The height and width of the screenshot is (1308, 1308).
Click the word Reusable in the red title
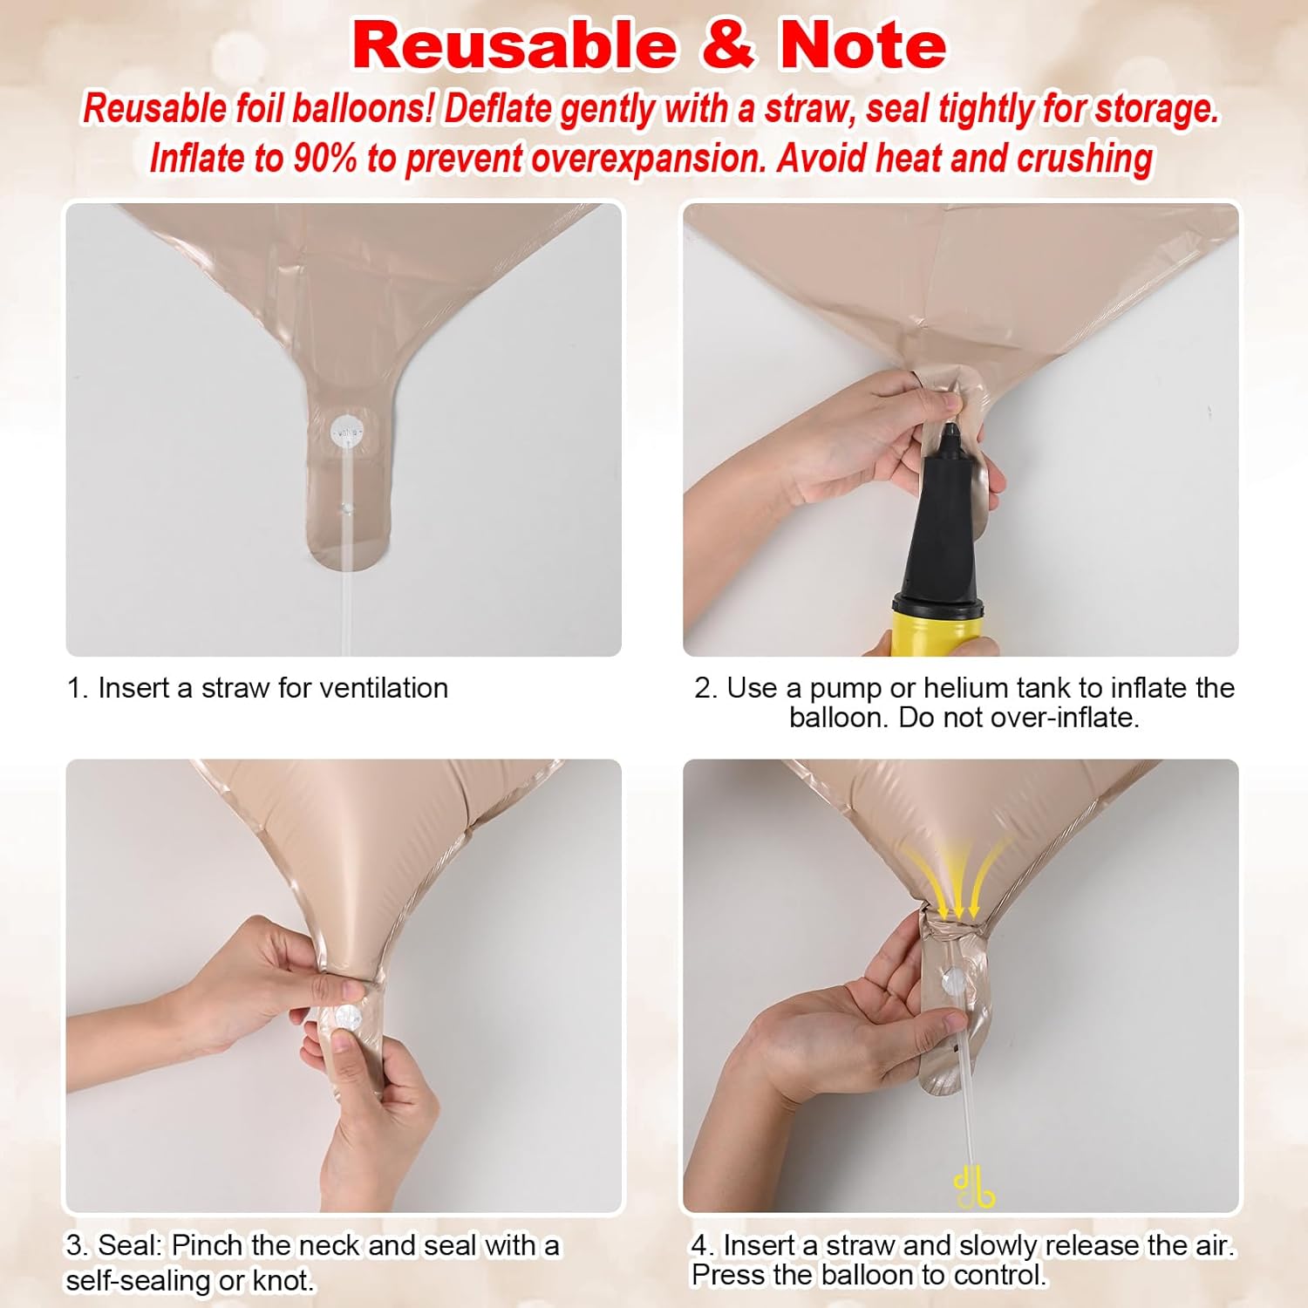515,45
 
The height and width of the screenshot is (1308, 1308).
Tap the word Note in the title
863,45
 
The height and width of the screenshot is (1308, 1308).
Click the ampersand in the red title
728,45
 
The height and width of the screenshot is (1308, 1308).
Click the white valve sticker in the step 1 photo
347,431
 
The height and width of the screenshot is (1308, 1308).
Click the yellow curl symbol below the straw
973,1189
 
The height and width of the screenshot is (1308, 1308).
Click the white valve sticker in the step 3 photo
347,1018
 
